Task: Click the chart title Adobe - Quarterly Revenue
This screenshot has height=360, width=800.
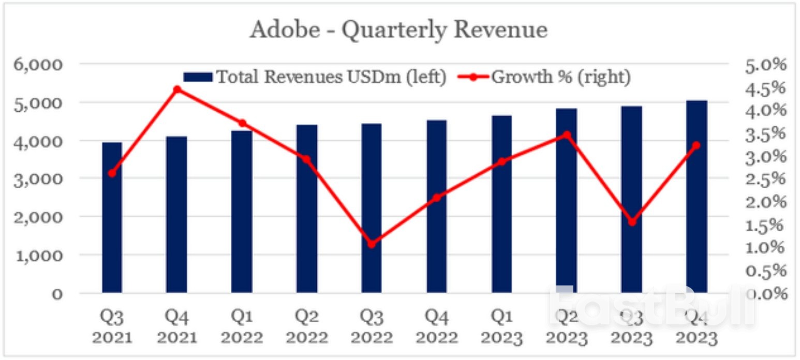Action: click(398, 30)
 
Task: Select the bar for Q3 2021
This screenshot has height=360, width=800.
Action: click(112, 217)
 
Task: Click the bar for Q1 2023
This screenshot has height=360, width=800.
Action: click(501, 204)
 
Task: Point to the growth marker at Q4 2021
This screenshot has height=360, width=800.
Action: click(177, 89)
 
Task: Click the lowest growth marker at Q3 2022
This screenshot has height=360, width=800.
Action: click(371, 244)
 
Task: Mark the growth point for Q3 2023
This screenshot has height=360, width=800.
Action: click(631, 222)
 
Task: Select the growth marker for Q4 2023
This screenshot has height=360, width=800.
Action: click(696, 145)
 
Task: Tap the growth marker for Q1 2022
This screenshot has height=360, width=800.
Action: click(242, 123)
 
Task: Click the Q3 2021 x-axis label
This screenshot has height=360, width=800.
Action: click(112, 327)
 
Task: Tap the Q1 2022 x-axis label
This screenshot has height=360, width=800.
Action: click(242, 327)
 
